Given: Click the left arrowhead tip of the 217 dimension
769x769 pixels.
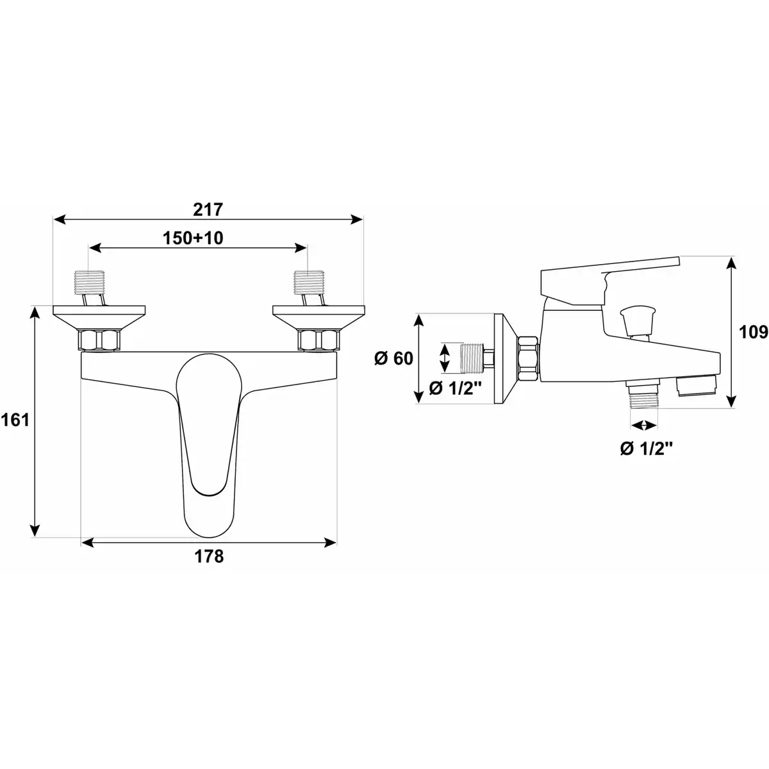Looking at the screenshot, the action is [53, 219].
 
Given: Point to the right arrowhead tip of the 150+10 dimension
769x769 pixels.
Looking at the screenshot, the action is [306, 248].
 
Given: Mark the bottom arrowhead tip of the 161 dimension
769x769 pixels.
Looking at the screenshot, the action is [35, 537].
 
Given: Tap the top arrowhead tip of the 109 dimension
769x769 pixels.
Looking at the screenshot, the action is [731, 257].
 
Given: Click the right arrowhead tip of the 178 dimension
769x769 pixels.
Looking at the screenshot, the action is [336, 543].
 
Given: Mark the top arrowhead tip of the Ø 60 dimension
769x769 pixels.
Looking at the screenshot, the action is [418, 315].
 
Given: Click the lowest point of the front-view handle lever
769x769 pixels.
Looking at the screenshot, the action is [209, 538].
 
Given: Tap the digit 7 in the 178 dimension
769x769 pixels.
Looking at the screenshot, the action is [209, 556].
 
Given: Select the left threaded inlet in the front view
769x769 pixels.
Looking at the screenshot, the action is [89, 283].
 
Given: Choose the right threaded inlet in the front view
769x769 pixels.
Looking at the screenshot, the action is [309, 283].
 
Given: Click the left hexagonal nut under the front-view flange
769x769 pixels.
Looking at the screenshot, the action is [99, 340].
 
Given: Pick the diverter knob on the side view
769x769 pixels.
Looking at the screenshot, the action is [638, 322].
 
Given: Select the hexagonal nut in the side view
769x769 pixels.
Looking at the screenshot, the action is [528, 359].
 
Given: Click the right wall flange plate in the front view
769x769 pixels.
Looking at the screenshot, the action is [318, 318].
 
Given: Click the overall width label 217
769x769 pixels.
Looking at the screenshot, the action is [208, 210].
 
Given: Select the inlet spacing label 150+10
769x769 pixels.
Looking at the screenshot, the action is [193, 238].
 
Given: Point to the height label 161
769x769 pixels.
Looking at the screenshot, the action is [15, 420].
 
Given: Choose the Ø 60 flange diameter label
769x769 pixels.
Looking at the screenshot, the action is [393, 358].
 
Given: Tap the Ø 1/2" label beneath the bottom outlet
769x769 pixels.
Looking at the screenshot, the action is [647, 449].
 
